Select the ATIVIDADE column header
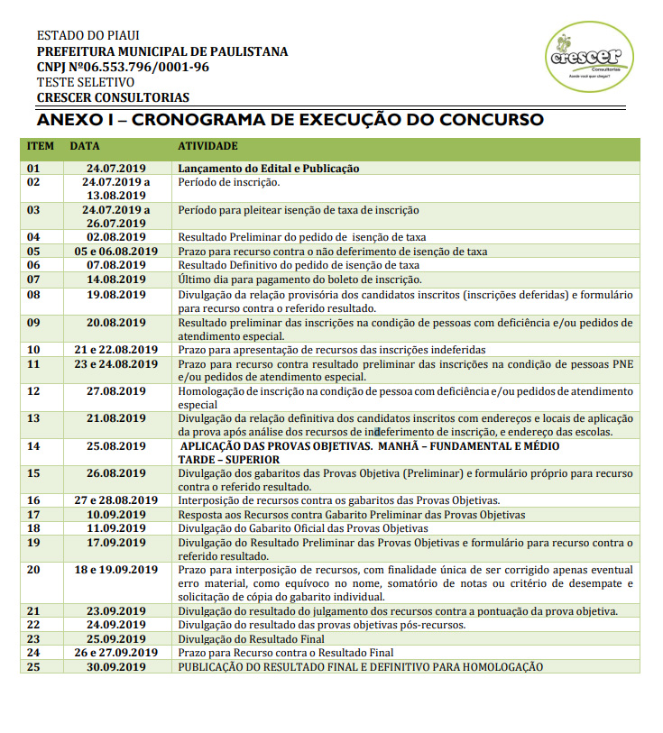point(207,146)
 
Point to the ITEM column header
point(41,146)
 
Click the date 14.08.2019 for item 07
point(116,279)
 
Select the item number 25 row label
point(34,667)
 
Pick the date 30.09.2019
point(116,667)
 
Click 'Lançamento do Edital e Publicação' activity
point(269,169)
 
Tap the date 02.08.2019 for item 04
point(116,237)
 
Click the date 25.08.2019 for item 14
point(116,446)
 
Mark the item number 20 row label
point(34,570)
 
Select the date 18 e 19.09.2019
point(116,570)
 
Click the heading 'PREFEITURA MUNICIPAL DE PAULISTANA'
point(162,51)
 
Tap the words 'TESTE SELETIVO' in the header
point(86,82)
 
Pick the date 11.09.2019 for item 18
point(116,528)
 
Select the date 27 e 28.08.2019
point(116,500)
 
